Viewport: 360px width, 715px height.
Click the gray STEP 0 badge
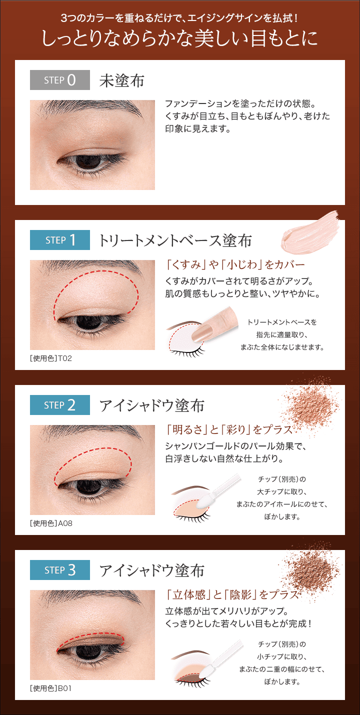60,80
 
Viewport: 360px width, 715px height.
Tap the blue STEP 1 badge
60,240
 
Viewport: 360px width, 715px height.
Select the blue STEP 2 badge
60,405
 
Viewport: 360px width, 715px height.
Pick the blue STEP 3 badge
60,570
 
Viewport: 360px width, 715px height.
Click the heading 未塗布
121,80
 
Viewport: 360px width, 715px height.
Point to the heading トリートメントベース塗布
175,240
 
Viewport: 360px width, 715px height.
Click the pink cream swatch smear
310,232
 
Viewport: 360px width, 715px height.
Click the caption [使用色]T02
51,358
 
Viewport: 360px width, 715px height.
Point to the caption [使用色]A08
51,523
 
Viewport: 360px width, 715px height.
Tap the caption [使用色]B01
50,688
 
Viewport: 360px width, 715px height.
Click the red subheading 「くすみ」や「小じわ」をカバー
235,264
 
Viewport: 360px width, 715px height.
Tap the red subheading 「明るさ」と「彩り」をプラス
229,429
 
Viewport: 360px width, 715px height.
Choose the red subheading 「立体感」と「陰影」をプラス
232,594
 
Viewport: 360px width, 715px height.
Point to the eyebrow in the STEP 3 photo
92,596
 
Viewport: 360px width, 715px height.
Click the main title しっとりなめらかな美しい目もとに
179,38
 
